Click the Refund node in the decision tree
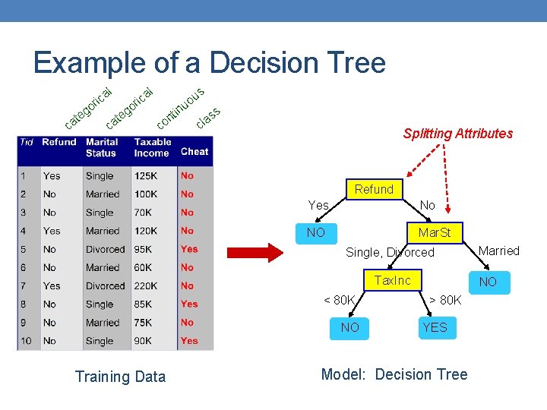click(x=374, y=189)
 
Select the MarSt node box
click(x=434, y=232)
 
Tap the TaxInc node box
click(x=392, y=281)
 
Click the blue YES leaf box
click(x=435, y=327)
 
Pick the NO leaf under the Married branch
click(x=488, y=282)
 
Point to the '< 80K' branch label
click(x=340, y=300)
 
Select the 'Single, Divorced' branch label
click(x=390, y=252)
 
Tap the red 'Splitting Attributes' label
click(x=458, y=134)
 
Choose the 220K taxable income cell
click(x=147, y=286)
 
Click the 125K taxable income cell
click(x=147, y=176)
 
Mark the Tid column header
click(x=27, y=142)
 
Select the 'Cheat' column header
click(x=194, y=152)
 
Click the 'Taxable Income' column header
click(x=152, y=147)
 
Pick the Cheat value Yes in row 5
click(x=189, y=249)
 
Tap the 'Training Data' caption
click(x=120, y=377)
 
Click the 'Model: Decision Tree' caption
click(x=394, y=374)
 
